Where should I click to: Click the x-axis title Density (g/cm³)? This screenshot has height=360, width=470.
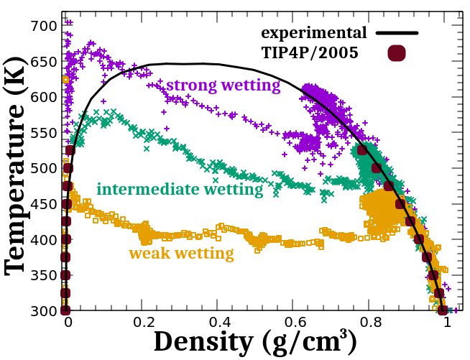pyautogui.click(x=255, y=343)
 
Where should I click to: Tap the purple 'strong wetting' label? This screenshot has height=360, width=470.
pyautogui.click(x=223, y=86)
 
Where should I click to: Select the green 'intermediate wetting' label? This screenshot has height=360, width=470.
pyautogui.click(x=180, y=190)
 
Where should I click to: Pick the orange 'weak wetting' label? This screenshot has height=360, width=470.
pyautogui.click(x=181, y=254)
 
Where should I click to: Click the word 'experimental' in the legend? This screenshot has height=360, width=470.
pyautogui.click(x=314, y=33)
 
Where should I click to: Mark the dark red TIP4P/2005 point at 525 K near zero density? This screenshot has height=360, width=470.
pyautogui.click(x=70, y=150)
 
